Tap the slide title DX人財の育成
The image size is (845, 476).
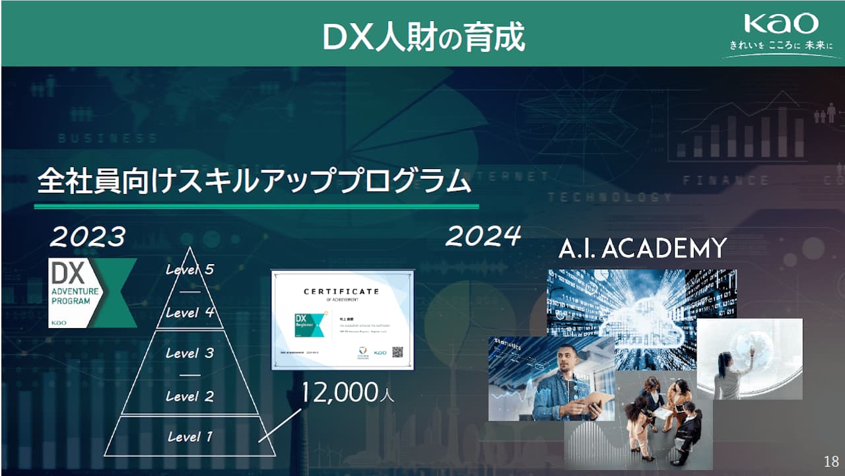423,37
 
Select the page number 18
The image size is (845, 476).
831,461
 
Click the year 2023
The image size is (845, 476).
88,236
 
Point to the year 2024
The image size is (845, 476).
483,236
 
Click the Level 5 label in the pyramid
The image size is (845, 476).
189,269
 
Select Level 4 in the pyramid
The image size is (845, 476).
189,312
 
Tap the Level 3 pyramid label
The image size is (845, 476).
189,353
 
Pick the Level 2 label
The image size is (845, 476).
189,396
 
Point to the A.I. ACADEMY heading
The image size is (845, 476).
642,249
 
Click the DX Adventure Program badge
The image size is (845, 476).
92,292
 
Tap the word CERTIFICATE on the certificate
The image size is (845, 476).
341,291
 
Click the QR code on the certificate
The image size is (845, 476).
398,352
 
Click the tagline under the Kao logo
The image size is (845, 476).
781,46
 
